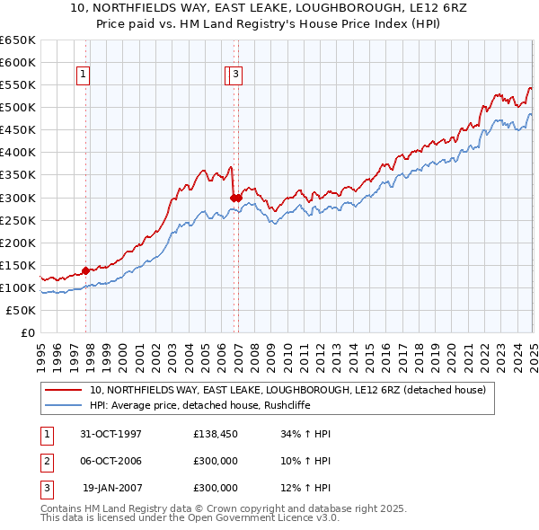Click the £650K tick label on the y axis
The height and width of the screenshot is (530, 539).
(x=17, y=40)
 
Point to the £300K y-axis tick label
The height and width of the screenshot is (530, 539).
(x=17, y=198)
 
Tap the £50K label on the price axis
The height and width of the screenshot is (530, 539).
(x=21, y=310)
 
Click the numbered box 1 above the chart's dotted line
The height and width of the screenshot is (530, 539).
(x=83, y=75)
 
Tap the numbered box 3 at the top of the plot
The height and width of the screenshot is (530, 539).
(x=235, y=75)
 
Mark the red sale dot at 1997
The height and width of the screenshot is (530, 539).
(x=86, y=269)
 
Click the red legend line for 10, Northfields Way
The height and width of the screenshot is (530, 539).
(x=64, y=390)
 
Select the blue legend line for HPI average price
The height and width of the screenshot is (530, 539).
(x=64, y=405)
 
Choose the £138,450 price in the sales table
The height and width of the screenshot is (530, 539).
(x=216, y=434)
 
